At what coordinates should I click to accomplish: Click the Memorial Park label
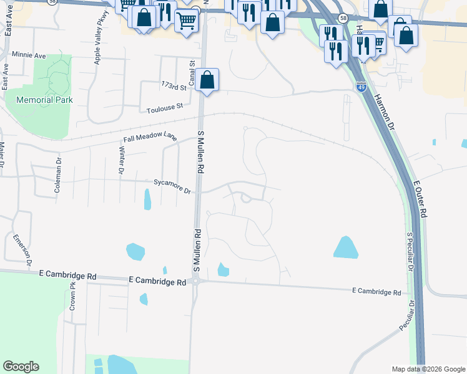[44, 100]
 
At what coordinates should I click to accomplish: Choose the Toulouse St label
[165, 107]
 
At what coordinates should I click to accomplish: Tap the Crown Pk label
[72, 297]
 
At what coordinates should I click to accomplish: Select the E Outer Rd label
[420, 199]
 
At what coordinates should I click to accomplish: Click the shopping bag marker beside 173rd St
[208, 80]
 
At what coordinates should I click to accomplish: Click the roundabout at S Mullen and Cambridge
[195, 282]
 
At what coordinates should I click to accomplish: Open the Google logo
[21, 367]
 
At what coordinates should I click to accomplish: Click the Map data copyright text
[428, 369]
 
